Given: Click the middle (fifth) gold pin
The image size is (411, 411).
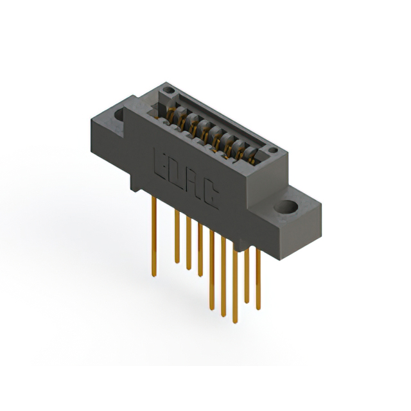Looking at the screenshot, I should (x=212, y=270).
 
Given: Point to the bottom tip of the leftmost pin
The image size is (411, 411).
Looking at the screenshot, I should (x=154, y=276).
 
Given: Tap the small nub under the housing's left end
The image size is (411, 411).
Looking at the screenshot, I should (x=134, y=187).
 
